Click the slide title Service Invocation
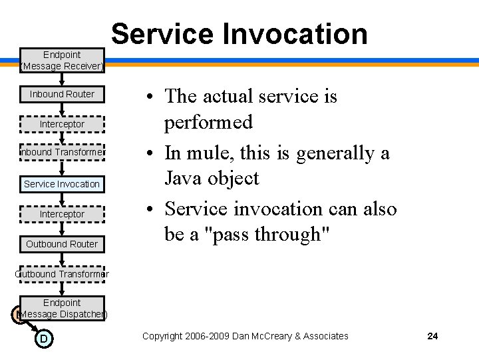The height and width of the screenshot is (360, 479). pyautogui.click(x=239, y=33)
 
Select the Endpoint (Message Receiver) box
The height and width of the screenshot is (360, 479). pyautogui.click(x=62, y=60)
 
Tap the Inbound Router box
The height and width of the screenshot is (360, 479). pyautogui.click(x=62, y=94)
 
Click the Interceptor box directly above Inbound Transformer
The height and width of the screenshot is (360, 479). pyautogui.click(x=62, y=124)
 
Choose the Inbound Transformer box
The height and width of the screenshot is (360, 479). pyautogui.click(x=62, y=152)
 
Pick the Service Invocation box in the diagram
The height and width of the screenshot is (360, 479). pyautogui.click(x=62, y=184)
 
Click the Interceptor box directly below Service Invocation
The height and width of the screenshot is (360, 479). pyautogui.click(x=62, y=214)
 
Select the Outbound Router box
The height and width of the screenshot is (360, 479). pyautogui.click(x=62, y=244)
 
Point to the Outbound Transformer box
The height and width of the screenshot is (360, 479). pyautogui.click(x=62, y=274)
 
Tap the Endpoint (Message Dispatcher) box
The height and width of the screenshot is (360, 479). pyautogui.click(x=62, y=308)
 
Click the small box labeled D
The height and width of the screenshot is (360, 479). pyautogui.click(x=43, y=339)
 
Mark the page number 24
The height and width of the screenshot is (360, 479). pyautogui.click(x=432, y=336)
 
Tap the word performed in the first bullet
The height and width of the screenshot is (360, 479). pyautogui.click(x=209, y=123)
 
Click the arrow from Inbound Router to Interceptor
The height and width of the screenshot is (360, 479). pyautogui.click(x=62, y=109)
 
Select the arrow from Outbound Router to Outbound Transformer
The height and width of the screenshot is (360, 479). pyautogui.click(x=62, y=259)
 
